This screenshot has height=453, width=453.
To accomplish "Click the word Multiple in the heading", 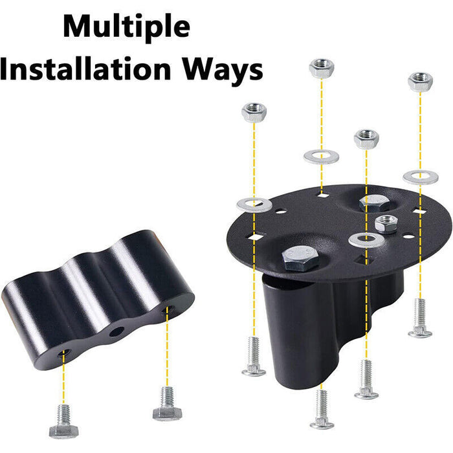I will point(127,27).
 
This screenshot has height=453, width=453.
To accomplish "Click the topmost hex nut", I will point(322,68).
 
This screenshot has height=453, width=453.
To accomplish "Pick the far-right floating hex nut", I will point(420,82).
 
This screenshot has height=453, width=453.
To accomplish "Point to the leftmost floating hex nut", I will point(254,113).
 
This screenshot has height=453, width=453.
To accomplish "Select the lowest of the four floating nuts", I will point(366,138).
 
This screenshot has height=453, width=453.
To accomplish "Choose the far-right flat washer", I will point(420,175).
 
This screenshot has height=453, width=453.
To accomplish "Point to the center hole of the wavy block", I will point(116,332).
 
